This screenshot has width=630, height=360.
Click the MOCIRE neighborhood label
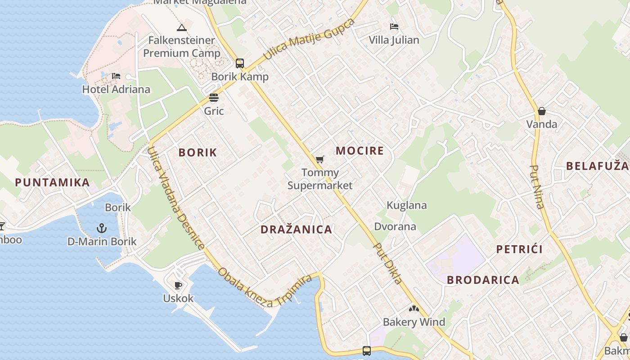[x=360, y=151]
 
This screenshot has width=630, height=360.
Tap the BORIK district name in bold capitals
[x=198, y=153]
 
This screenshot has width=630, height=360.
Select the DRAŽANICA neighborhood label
[x=296, y=229]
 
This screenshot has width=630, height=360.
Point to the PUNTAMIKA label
[x=52, y=183]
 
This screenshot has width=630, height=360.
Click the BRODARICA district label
[x=483, y=280]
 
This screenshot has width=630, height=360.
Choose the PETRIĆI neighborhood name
[x=519, y=249]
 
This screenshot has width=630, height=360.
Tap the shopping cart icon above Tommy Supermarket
[x=320, y=159]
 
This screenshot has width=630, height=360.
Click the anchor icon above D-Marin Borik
[x=102, y=228]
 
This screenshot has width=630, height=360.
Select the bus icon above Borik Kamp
[x=240, y=63]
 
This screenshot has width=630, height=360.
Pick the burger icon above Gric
[x=214, y=98]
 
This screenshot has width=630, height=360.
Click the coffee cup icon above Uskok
[x=178, y=285]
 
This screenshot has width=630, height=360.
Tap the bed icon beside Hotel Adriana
[x=116, y=76]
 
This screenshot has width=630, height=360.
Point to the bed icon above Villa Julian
[x=394, y=27]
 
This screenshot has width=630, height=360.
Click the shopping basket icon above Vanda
[x=542, y=111]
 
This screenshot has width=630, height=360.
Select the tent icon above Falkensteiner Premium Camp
[x=182, y=28]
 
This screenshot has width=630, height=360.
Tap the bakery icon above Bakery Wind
[x=414, y=309]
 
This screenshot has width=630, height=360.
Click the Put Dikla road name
[x=388, y=264]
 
